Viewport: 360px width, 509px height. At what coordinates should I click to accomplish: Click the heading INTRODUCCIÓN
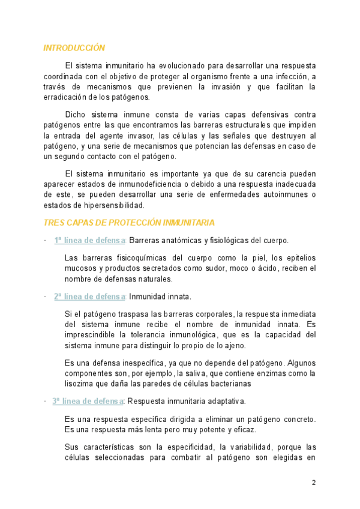74,48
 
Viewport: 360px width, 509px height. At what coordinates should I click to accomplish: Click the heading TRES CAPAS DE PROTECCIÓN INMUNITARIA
128,223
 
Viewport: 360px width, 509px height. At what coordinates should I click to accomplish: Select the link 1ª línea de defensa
89,241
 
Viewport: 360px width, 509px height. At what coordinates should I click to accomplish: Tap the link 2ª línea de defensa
89,297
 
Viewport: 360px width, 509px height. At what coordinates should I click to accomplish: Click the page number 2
313,483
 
